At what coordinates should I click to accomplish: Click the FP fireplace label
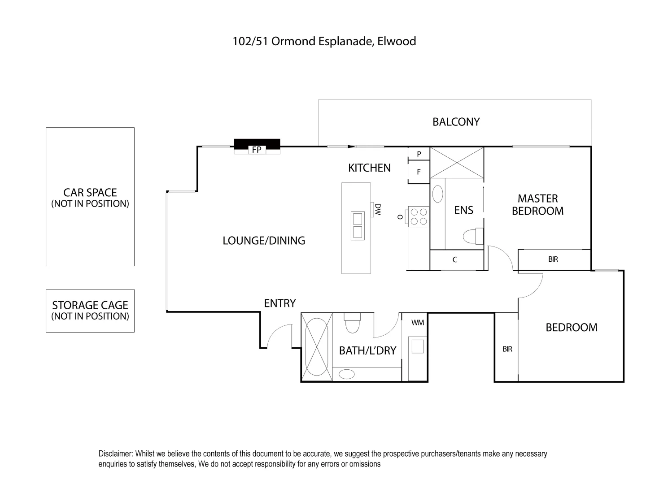[x=257, y=150]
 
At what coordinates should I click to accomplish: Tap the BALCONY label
[x=456, y=122]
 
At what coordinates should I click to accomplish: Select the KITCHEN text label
[x=369, y=168]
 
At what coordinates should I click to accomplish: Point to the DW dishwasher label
[x=378, y=209]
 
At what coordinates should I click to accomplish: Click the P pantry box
[x=419, y=154]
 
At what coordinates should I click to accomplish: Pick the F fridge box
[x=419, y=172]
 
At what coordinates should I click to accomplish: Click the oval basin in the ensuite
[x=437, y=194]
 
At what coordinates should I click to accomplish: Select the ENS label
[x=463, y=210]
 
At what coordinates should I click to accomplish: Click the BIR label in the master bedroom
[x=553, y=259]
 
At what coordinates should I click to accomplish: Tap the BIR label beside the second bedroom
[x=507, y=349]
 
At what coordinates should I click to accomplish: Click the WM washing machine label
[x=418, y=322]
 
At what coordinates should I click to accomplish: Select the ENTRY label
[x=279, y=303]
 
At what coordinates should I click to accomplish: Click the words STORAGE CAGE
[x=90, y=305]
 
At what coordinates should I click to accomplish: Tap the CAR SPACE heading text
[x=90, y=193]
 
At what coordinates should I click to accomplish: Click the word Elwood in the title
[x=397, y=41]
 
